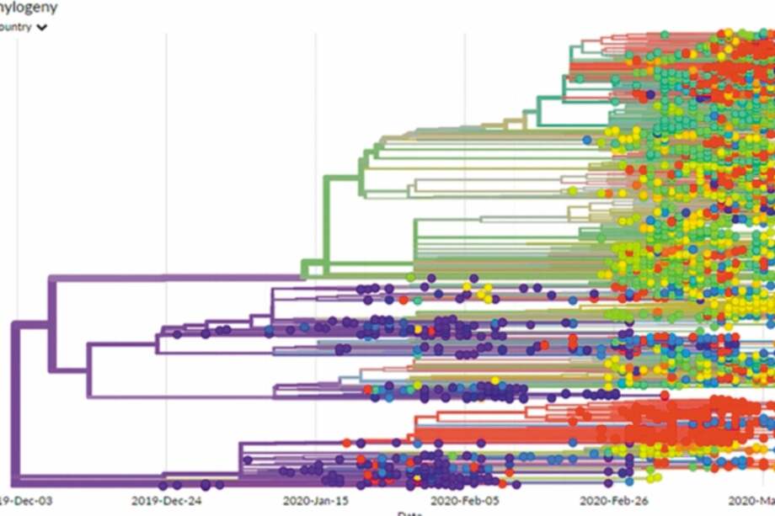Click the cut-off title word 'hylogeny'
point(29,8)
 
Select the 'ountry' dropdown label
point(16,27)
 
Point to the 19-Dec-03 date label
point(26,500)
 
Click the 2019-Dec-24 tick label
point(165,500)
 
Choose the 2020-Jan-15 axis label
point(315,500)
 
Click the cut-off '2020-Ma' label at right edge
point(753,500)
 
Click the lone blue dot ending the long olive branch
point(587,139)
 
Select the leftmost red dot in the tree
point(346,442)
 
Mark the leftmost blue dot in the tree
point(267,330)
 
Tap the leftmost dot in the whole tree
point(163,486)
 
